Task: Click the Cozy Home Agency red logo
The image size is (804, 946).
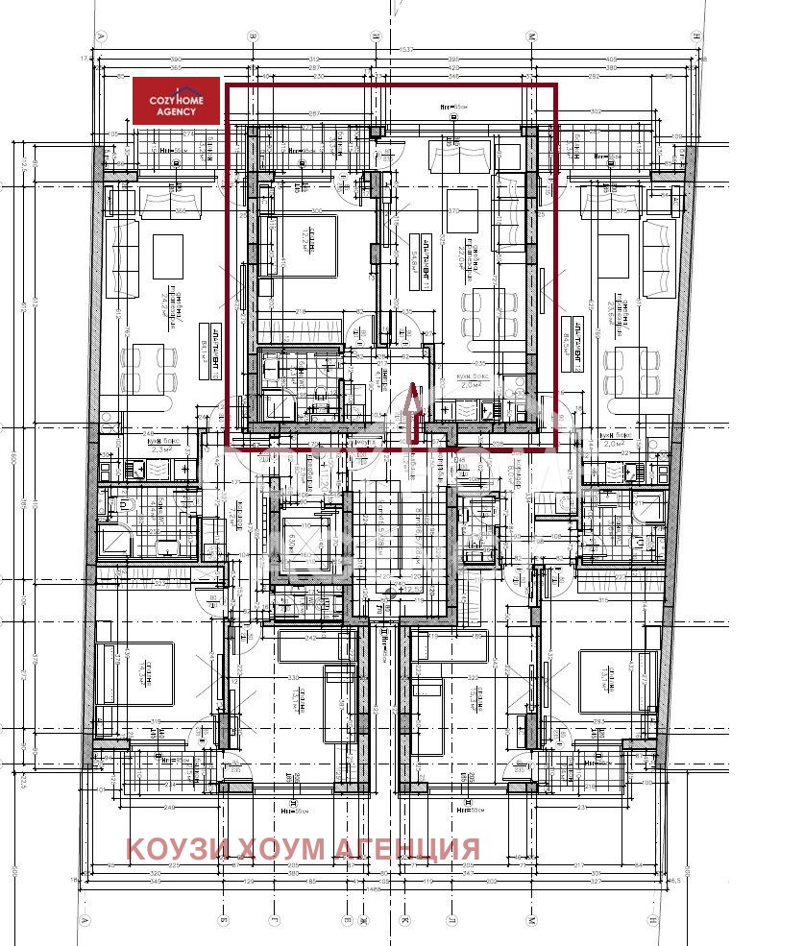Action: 176,100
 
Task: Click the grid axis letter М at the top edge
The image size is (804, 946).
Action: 530,36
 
